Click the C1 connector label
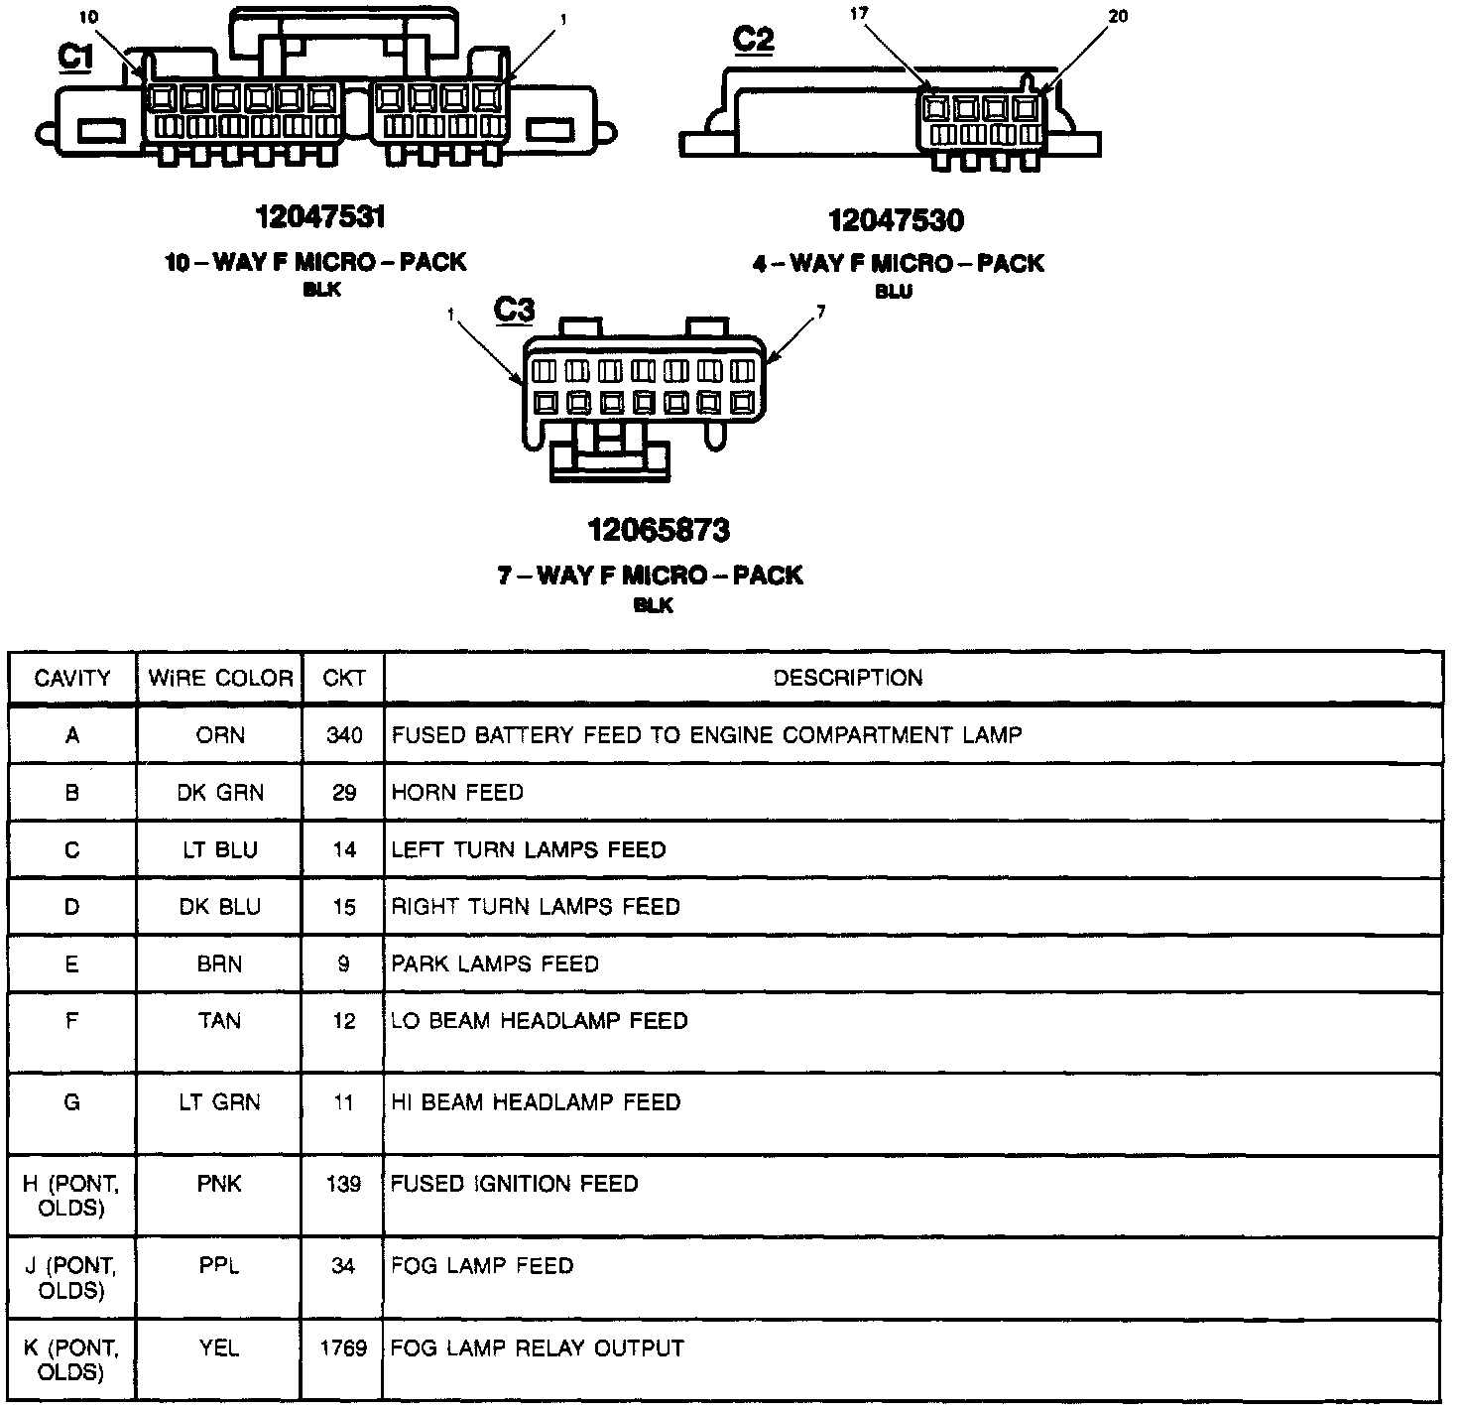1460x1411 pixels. point(75,58)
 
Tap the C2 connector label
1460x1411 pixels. point(753,40)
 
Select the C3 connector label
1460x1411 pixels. point(514,311)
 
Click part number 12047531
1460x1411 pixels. point(319,216)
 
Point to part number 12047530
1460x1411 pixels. point(896,219)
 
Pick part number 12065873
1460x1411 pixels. point(659,530)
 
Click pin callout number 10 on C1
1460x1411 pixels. point(88,17)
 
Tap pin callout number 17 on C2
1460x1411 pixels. point(859,13)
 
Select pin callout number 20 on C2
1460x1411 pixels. point(1119,17)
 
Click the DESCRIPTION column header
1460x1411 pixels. point(848,678)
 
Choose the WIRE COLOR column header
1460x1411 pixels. point(220,679)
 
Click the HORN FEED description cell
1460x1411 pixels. point(457,792)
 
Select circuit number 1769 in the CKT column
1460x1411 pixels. point(343,1347)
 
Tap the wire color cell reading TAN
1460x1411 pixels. point(219,1020)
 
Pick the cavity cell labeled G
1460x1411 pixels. point(71,1101)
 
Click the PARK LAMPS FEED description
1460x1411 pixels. point(495,963)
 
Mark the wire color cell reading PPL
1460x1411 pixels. point(219,1265)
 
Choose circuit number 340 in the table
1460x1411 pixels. point(343,735)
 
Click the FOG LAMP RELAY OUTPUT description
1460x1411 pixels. point(538,1347)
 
